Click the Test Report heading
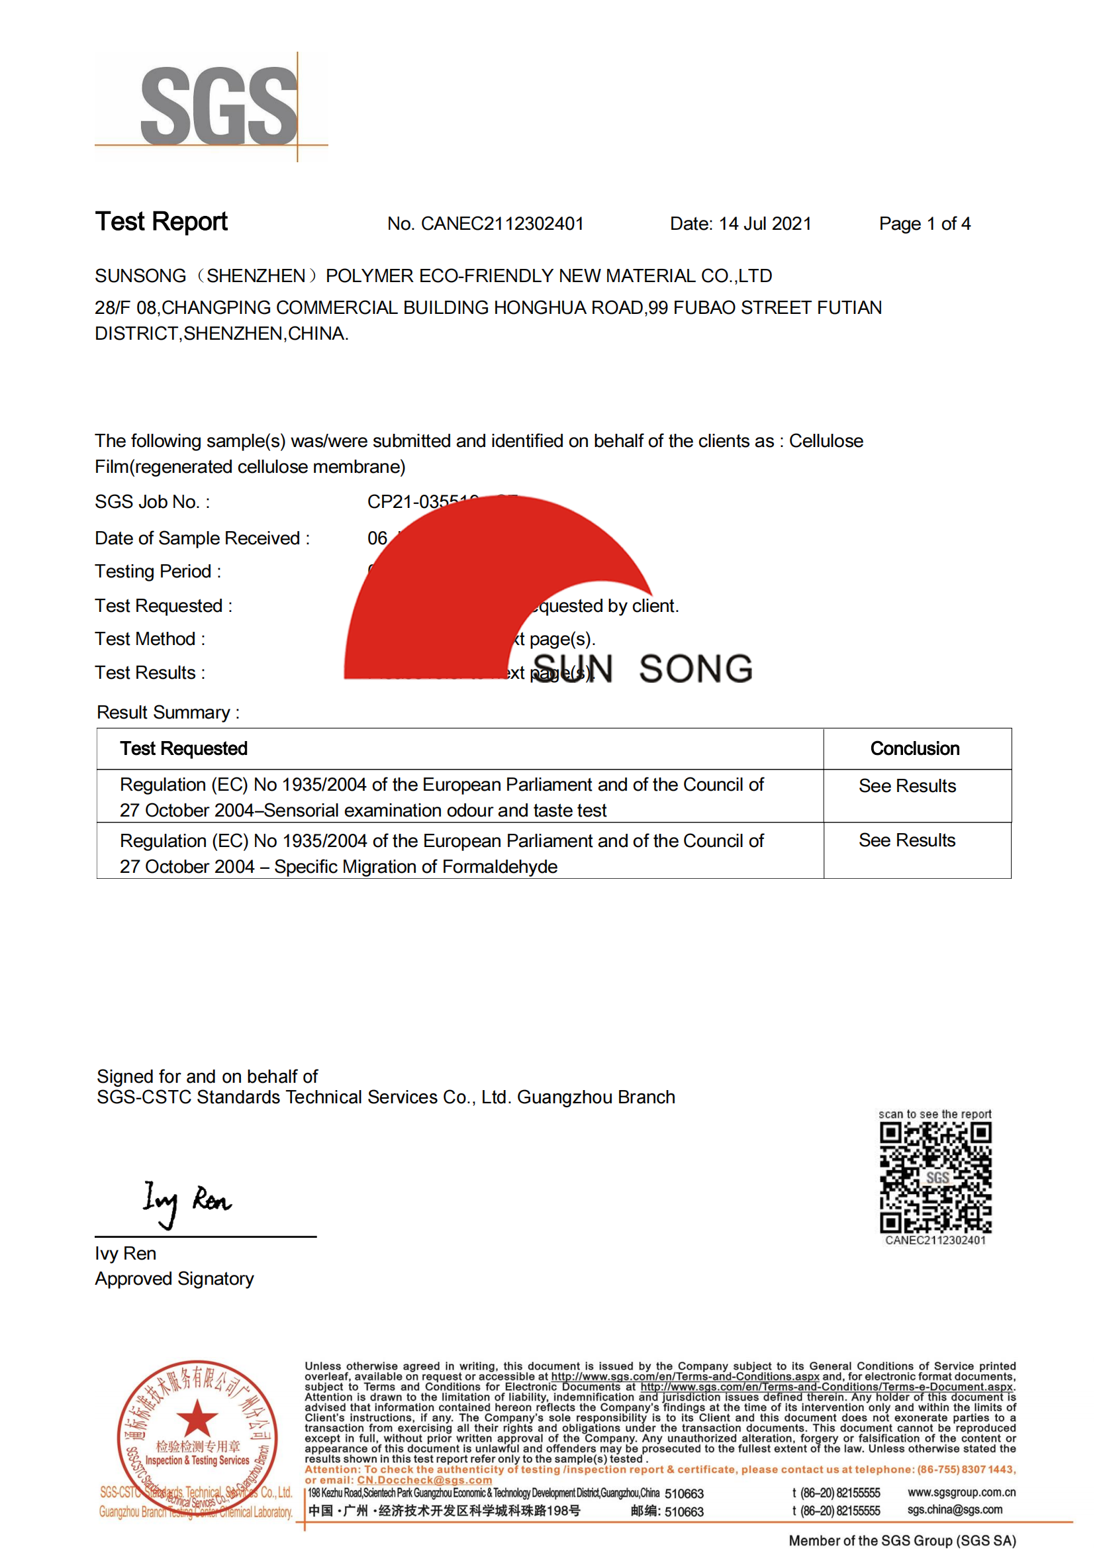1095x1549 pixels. pyautogui.click(x=161, y=222)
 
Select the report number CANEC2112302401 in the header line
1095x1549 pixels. pyautogui.click(x=502, y=224)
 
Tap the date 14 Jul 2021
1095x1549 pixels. pyautogui.click(x=765, y=224)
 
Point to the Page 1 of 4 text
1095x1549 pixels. pyautogui.click(x=924, y=224)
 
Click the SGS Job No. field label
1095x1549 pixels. pyautogui.click(x=152, y=502)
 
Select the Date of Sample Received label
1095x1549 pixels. pyautogui.click(x=203, y=538)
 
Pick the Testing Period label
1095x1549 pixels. pyautogui.click(x=158, y=572)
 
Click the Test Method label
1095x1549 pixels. pyautogui.click(x=150, y=639)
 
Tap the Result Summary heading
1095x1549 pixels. pyautogui.click(x=168, y=713)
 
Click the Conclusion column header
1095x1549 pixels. pyautogui.click(x=914, y=749)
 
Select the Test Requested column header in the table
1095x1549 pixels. pyautogui.click(x=183, y=749)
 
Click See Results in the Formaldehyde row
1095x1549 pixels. pyautogui.click(x=907, y=840)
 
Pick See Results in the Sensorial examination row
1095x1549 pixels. pyautogui.click(x=907, y=786)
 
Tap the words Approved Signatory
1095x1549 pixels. pyautogui.click(x=174, y=1279)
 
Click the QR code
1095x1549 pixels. pyautogui.click(x=935, y=1178)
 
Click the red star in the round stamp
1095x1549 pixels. pyautogui.click(x=197, y=1418)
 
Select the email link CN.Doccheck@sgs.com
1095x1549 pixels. pyautogui.click(x=424, y=1480)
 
